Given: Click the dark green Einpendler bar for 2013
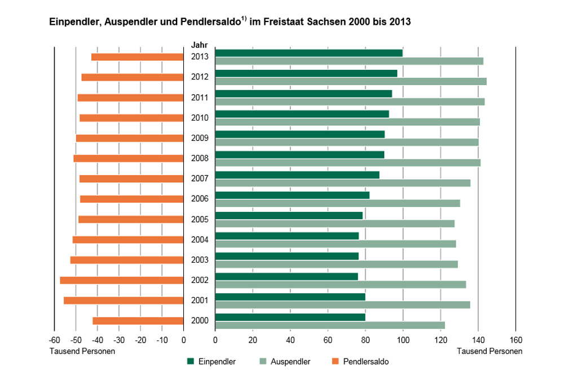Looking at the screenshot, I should (x=309, y=53).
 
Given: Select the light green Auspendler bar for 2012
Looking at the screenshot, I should (x=351, y=81).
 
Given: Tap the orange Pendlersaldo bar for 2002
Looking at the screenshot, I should (x=122, y=280).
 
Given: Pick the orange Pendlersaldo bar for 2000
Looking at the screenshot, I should (x=138, y=321).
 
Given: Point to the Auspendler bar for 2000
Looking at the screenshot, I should (x=330, y=325).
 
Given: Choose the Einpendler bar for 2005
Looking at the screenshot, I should (x=289, y=215).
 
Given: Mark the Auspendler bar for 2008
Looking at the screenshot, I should (x=347, y=162).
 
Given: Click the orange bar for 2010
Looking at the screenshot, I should (x=131, y=118).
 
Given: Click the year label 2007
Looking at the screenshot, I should (x=200, y=179).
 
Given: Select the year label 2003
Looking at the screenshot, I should (x=200, y=260).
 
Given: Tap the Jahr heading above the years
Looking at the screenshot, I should (x=199, y=45).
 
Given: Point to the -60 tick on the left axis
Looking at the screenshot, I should (x=54, y=340).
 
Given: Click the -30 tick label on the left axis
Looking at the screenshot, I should (x=119, y=340).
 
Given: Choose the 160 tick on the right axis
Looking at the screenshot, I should (x=515, y=340).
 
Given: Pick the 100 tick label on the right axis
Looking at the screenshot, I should (x=403, y=340).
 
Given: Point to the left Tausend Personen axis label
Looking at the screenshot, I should (x=83, y=351).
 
